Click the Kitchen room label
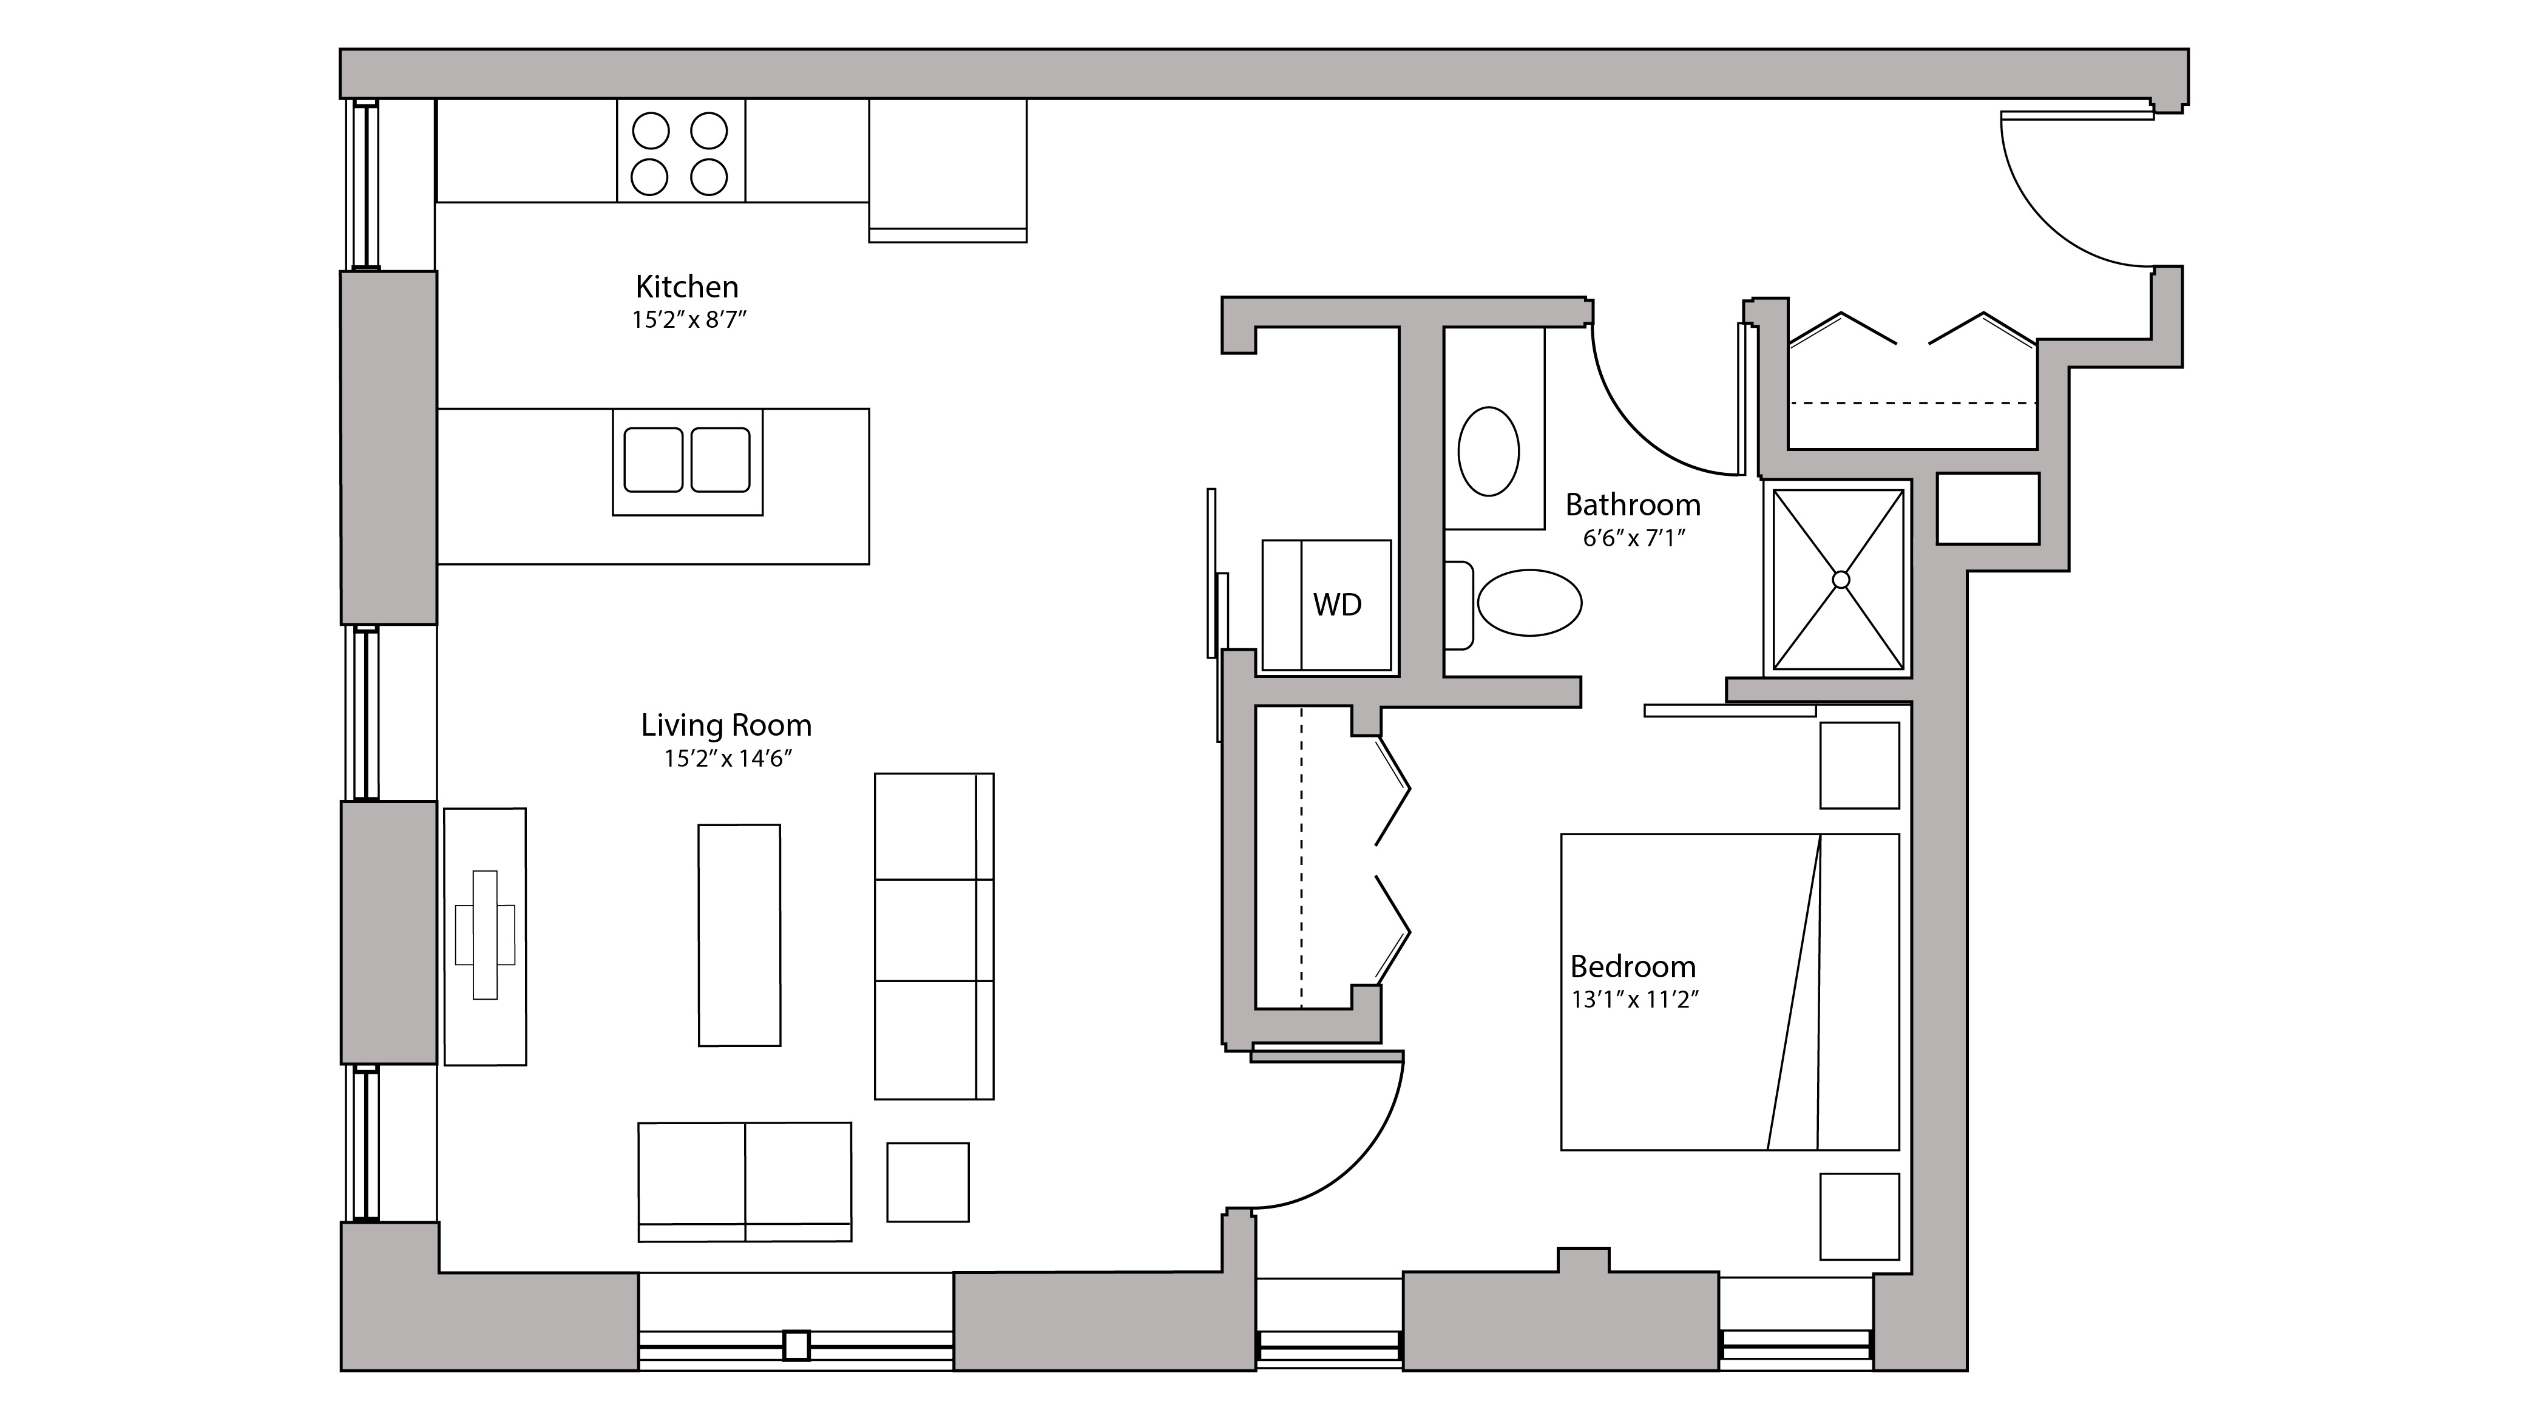coord(686,286)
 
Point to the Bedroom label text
coord(1633,966)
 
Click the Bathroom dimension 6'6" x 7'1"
coord(1633,538)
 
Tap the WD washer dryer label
coord(1337,605)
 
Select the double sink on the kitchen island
coord(686,461)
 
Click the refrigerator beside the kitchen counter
coord(947,169)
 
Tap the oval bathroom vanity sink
coord(1488,452)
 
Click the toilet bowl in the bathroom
coord(1529,603)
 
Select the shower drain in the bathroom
coord(1840,580)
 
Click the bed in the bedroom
coord(1729,992)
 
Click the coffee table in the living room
coord(739,935)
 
